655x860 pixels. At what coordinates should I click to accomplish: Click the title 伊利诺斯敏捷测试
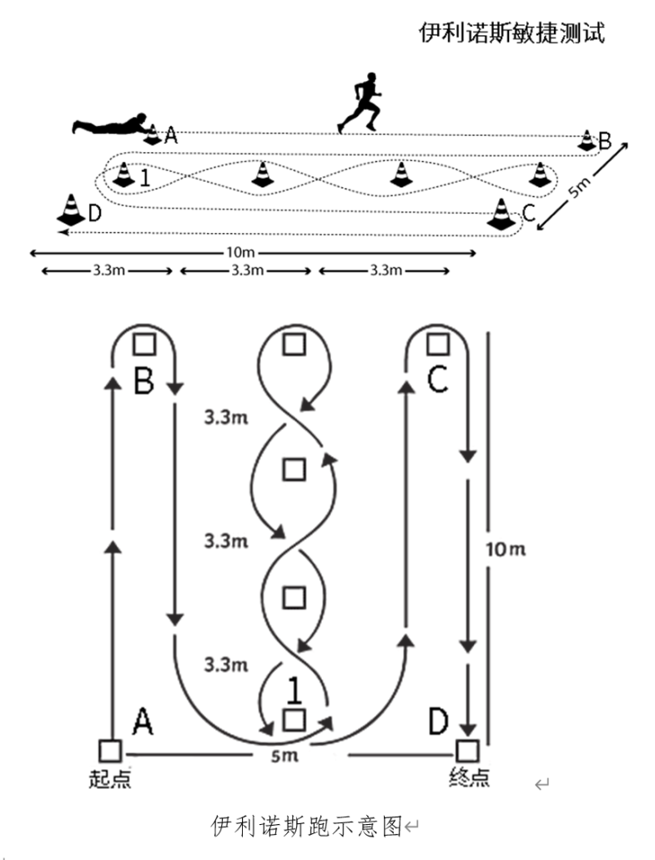pos(511,33)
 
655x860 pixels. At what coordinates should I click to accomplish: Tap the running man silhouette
pos(362,101)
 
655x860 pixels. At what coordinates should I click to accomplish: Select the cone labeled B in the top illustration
pos(587,139)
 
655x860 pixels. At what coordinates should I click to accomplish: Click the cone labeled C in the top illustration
pos(501,214)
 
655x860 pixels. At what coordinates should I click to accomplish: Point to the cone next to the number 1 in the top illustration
pos(123,175)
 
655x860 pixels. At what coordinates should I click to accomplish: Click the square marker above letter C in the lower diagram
pos(435,343)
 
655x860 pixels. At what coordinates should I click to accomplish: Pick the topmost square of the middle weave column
pos(292,343)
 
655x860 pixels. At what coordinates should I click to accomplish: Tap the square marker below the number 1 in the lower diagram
pos(292,719)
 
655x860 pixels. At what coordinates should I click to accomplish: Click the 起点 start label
pos(109,777)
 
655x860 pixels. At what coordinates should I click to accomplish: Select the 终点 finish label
pos(468,777)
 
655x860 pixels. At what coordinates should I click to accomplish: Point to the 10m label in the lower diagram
pos(506,549)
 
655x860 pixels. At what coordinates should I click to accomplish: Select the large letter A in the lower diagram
pos(142,720)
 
